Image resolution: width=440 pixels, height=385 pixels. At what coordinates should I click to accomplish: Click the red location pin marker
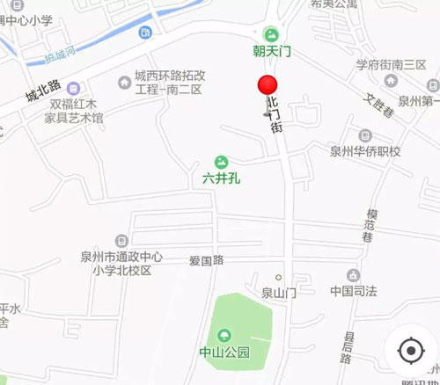(x=268, y=87)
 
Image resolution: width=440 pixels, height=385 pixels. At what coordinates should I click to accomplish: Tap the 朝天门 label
(x=272, y=52)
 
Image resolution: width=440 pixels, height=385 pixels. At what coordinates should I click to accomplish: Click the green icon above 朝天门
(x=272, y=33)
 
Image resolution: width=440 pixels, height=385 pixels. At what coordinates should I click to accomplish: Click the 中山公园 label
(x=224, y=352)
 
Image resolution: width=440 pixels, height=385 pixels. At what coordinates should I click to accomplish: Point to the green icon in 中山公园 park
(x=224, y=334)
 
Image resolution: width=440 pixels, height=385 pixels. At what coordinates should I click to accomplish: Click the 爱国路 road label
(x=206, y=259)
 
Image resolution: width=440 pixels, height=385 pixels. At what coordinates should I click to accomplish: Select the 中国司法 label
(x=353, y=290)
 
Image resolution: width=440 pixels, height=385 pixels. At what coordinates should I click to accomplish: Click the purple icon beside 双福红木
(x=74, y=88)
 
